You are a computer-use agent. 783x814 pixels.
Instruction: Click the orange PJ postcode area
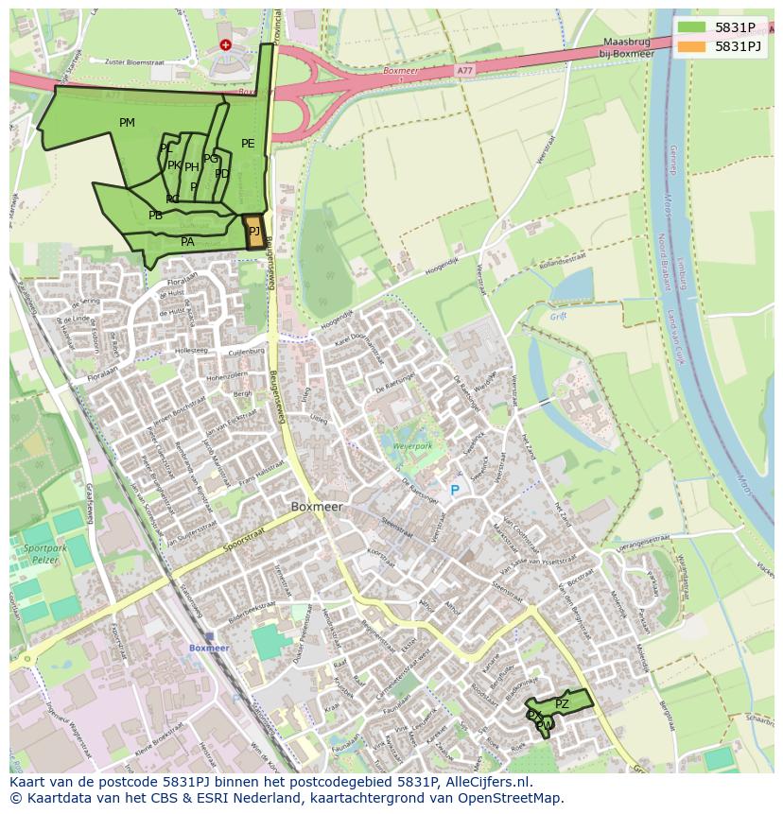click(254, 233)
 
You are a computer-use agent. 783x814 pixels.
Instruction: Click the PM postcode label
click(127, 123)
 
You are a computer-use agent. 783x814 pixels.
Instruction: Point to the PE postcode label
click(248, 144)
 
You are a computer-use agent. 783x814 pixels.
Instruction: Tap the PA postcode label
click(187, 242)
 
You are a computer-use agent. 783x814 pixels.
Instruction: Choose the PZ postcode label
click(562, 704)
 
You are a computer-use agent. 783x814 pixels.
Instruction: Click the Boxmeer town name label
click(317, 507)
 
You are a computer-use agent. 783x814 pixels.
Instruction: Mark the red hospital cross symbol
click(225, 44)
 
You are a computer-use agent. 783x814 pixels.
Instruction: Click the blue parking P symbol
click(454, 490)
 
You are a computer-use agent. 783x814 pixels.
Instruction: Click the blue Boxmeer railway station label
click(209, 648)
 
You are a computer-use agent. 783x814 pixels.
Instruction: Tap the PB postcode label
click(155, 216)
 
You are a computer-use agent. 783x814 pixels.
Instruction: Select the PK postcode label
click(174, 165)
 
